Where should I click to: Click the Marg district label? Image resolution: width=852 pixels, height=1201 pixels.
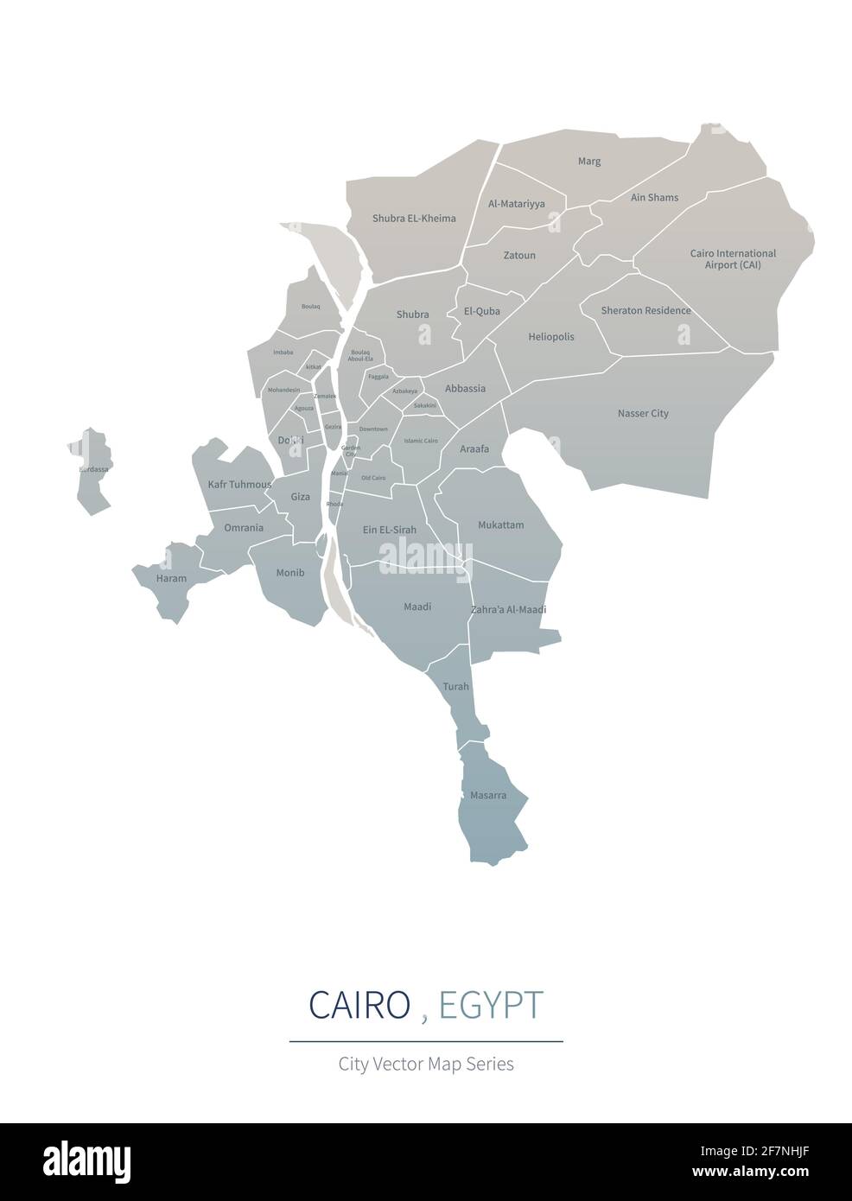(x=588, y=162)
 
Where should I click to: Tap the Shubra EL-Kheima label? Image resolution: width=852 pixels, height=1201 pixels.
(x=414, y=219)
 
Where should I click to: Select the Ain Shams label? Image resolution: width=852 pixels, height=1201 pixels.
(x=654, y=198)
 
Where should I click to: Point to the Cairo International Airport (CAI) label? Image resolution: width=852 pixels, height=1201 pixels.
(x=733, y=259)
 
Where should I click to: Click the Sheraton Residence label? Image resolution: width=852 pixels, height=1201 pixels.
(x=645, y=311)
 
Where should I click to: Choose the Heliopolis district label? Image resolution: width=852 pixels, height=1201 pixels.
(x=550, y=337)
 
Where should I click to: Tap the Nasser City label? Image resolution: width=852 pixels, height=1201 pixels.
(x=643, y=414)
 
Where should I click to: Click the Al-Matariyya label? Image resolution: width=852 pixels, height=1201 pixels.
(x=516, y=205)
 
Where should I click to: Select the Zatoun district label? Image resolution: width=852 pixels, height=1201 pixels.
(x=519, y=256)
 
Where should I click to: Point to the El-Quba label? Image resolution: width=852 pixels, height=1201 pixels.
(x=481, y=312)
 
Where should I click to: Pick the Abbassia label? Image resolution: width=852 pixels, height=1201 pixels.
(x=465, y=389)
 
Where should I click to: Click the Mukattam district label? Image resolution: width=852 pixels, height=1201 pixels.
(x=501, y=525)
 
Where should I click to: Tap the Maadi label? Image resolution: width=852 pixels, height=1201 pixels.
(x=417, y=607)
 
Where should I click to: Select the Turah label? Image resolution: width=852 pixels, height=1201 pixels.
(x=455, y=687)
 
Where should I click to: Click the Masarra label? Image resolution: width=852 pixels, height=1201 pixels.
(x=488, y=795)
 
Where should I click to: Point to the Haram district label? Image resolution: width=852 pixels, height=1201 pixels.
(x=171, y=579)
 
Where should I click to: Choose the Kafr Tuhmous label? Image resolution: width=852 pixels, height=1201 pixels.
(x=239, y=485)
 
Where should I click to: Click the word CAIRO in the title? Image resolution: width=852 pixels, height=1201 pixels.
(x=359, y=1006)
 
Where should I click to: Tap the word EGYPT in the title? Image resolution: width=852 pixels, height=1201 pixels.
(x=491, y=1006)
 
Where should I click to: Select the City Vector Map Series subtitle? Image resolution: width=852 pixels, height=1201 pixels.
(x=426, y=1064)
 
